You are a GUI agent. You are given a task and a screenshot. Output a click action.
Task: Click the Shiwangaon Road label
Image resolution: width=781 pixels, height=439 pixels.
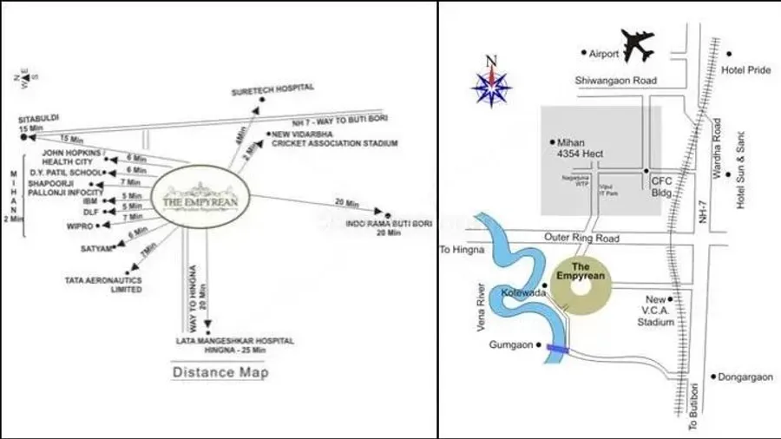pos(616,81)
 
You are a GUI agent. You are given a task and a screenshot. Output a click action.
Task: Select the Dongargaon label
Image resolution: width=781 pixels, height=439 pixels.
pos(742,377)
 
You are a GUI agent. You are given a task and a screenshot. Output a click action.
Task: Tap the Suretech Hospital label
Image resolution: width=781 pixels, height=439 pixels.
pos(272,88)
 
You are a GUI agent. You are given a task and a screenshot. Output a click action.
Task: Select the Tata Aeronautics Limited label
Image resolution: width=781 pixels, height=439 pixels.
pos(103,285)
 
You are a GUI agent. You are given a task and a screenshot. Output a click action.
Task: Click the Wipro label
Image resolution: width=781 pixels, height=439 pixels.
pos(78,225)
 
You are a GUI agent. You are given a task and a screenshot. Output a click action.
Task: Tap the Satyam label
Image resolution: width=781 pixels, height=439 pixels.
pos(97,249)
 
